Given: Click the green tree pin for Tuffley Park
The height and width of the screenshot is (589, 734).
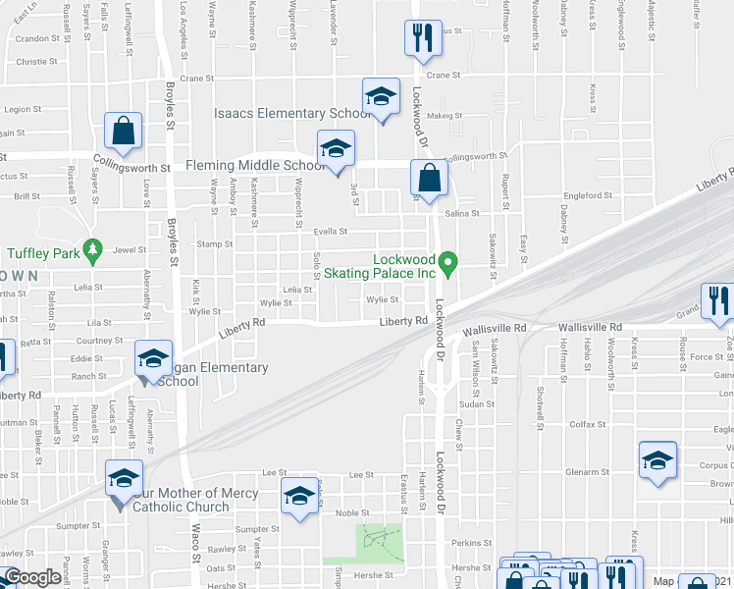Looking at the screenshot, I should tap(93, 250).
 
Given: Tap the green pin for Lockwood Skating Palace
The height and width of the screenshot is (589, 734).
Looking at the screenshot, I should tap(448, 262).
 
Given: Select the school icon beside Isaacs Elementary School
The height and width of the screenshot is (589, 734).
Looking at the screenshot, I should tap(381, 97).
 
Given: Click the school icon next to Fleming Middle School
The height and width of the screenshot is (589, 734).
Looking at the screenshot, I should tap(336, 149).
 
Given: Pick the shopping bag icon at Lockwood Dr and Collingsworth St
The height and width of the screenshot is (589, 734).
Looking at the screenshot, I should tap(429, 179).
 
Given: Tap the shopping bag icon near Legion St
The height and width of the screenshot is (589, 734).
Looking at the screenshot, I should tap(124, 131).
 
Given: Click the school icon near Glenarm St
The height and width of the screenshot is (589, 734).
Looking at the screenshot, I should tap(657, 460).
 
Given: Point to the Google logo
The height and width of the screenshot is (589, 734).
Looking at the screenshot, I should tap(33, 578).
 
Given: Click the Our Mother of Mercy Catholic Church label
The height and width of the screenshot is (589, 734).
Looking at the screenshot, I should tap(186, 500).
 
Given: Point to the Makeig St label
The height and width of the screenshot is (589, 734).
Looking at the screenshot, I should tap(444, 116).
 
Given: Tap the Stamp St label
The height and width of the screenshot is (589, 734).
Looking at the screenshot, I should tap(215, 243).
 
